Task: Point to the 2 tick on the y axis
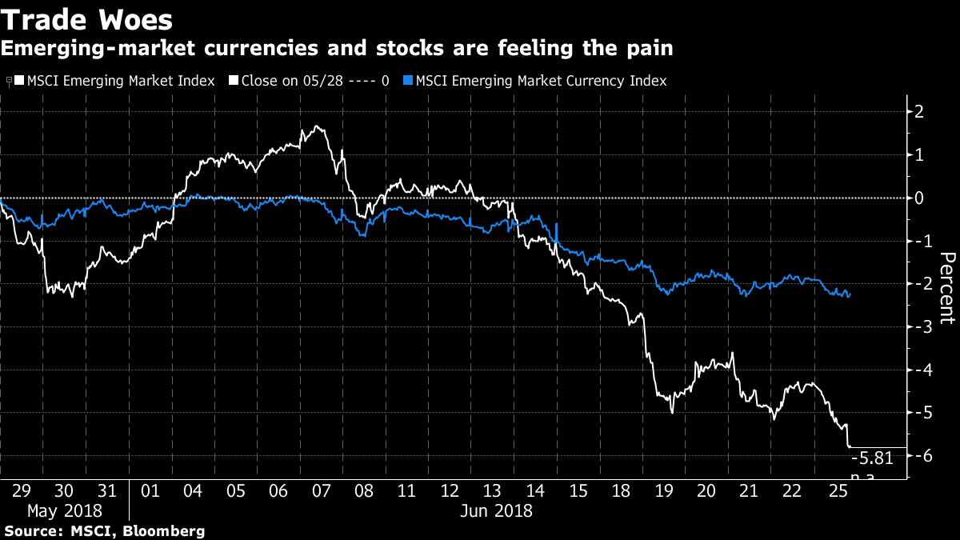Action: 919,111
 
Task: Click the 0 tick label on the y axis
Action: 919,198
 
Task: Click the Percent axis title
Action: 947,288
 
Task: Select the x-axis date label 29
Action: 22,490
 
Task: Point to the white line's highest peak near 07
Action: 318,126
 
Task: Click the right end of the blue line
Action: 850,294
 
